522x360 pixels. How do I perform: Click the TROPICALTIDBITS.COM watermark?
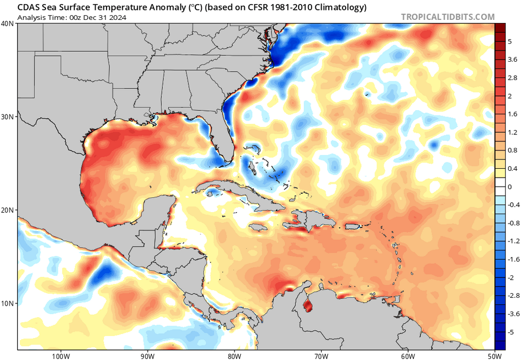coord(448,17)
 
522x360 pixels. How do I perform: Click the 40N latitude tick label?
coord(8,24)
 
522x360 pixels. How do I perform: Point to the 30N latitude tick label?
coord(8,117)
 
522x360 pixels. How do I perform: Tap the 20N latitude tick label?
coord(8,210)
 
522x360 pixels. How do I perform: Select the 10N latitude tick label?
coord(8,304)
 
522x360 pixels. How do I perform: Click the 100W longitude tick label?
coord(61,356)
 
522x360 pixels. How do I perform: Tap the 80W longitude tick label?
coord(234,356)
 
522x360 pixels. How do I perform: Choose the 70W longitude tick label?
coord(321,356)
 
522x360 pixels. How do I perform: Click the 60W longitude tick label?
coord(408,356)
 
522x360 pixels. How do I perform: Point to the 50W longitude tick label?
coord(495,356)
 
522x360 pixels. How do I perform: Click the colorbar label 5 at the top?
coord(509,42)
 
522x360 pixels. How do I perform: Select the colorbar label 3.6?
coord(513,60)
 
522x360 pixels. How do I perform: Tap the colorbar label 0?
coord(509,187)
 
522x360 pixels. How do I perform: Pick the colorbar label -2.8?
coord(514,296)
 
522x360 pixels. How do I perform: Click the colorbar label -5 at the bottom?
coord(511,332)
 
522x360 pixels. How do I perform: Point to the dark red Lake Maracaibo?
coord(308,305)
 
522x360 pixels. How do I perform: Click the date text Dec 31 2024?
coord(105,17)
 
